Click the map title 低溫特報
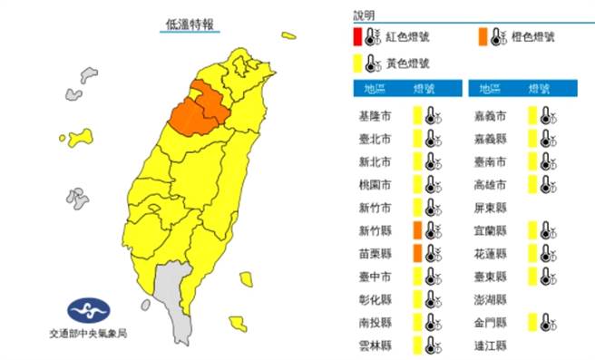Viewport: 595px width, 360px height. coord(190,24)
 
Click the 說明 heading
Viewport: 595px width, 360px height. coord(364,15)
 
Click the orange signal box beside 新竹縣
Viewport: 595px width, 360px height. coord(417,229)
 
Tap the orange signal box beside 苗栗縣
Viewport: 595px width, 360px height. coord(417,252)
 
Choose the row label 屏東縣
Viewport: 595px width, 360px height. coord(490,207)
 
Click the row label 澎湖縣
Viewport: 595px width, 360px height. coord(490,297)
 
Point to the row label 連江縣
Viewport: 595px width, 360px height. coord(490,344)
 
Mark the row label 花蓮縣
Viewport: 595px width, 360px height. coord(490,252)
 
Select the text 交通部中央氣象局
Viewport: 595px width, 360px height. coord(89,335)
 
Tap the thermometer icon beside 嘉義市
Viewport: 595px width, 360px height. coord(545,116)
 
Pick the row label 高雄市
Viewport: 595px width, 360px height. coord(490,184)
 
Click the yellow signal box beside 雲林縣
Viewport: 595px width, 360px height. coord(417,344)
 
